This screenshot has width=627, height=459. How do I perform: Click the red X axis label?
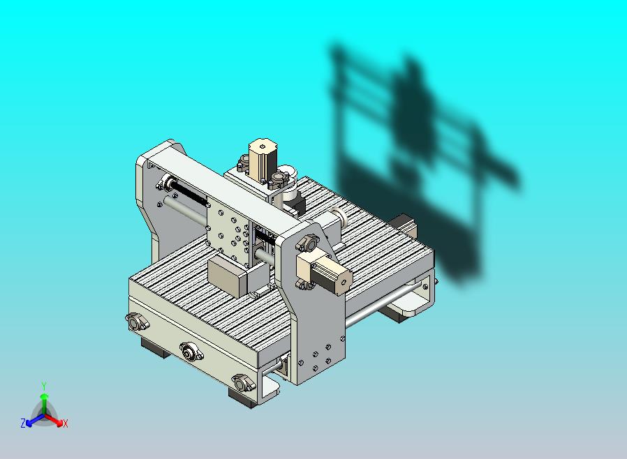(65, 423)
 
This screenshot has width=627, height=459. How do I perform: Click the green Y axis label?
(43, 386)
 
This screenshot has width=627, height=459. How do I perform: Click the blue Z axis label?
(23, 423)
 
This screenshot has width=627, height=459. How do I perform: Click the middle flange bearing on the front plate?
(189, 352)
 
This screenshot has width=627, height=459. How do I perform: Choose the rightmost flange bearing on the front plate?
(244, 383)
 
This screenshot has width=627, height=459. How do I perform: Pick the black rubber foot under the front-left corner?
(154, 347)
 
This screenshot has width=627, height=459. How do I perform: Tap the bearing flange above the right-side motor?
(307, 243)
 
